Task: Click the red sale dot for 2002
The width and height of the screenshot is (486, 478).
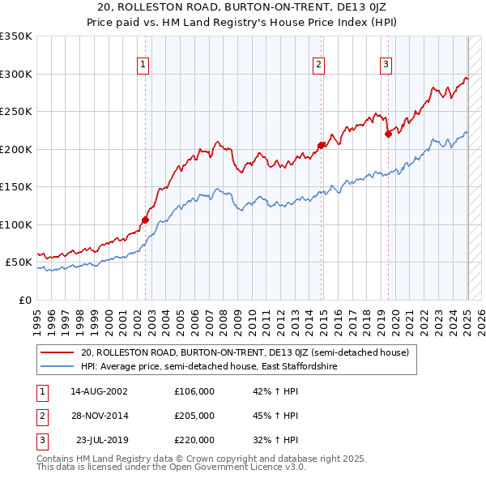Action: [x=146, y=220]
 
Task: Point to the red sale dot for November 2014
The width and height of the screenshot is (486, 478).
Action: [x=322, y=145]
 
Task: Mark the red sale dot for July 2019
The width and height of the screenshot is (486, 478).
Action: [x=389, y=134]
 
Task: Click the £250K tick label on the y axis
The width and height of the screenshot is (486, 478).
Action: [x=16, y=112]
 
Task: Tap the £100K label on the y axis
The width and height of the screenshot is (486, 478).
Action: [x=16, y=224]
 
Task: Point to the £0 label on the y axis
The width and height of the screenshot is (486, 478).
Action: [x=25, y=300]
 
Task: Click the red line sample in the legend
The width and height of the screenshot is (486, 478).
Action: [x=57, y=353]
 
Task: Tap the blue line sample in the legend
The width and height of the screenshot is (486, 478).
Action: [x=57, y=367]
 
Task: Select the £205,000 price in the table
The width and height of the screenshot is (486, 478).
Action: [x=194, y=416]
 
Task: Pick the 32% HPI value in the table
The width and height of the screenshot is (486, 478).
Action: [x=275, y=440]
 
